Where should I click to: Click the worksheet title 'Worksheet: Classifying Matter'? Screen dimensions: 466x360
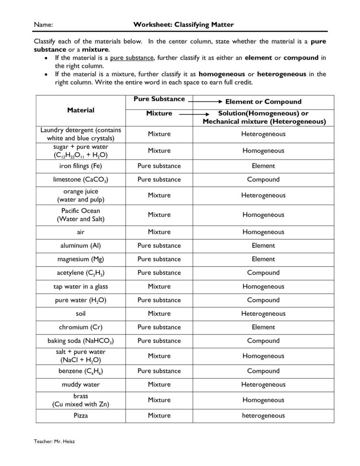point(184,24)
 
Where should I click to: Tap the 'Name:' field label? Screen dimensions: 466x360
point(43,25)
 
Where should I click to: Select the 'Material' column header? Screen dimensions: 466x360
point(81,110)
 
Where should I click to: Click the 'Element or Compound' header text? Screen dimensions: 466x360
point(263,101)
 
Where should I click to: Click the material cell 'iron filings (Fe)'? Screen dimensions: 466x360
point(81,166)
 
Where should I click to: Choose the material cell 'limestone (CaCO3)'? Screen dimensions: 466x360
point(81,180)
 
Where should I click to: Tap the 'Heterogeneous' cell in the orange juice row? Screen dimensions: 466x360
point(263,195)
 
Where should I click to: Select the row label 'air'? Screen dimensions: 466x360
point(81,232)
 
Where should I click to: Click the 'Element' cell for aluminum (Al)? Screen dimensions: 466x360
point(263,245)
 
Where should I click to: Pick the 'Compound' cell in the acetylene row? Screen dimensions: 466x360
point(263,272)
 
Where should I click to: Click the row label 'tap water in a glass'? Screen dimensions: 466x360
point(81,286)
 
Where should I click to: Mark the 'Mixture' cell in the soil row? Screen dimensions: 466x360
point(159,313)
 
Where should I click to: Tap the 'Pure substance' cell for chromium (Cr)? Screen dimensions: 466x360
point(159,327)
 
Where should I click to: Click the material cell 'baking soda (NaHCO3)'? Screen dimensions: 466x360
point(81,341)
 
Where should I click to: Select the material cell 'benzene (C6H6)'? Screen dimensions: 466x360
point(81,371)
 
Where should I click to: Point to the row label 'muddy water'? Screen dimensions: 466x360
point(81,384)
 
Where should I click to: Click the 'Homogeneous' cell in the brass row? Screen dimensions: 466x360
point(263,400)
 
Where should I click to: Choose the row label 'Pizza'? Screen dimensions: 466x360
point(81,416)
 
